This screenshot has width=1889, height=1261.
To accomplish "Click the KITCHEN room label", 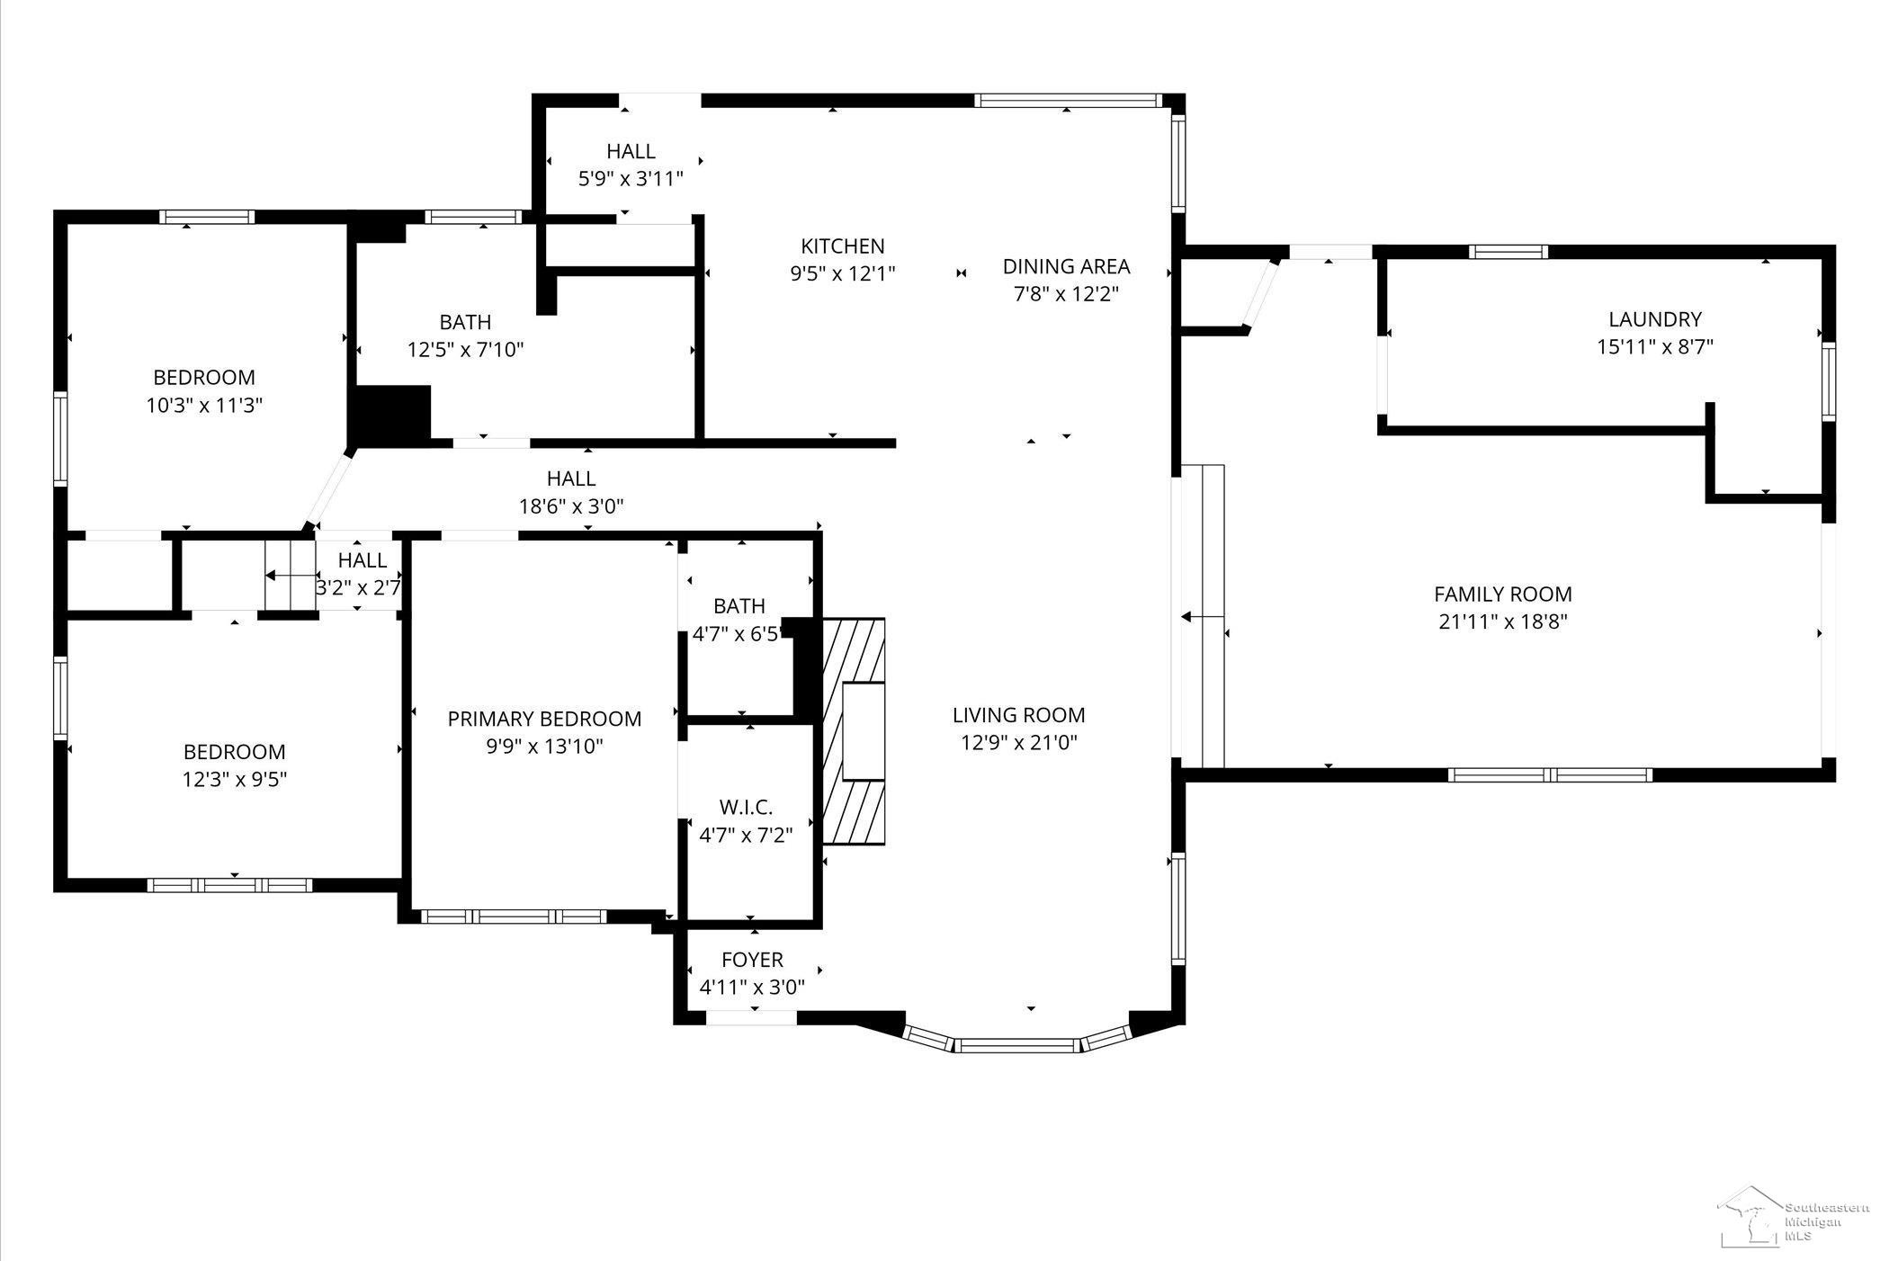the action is point(843,246).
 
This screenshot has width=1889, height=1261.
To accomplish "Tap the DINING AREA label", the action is point(1066,266).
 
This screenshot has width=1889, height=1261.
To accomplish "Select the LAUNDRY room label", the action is point(1655,319).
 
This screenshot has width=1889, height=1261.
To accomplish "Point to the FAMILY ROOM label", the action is point(1503,595).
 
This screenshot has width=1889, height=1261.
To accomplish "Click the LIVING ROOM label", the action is point(1019,715).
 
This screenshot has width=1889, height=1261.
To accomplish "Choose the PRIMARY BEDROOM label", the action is point(544,719).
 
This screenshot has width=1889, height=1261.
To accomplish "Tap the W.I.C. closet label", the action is point(746,807).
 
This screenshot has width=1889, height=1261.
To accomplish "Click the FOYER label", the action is point(752,960).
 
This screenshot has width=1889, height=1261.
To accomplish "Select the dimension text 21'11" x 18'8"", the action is point(1503,622).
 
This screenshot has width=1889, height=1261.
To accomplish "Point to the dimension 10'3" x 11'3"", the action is point(204,405).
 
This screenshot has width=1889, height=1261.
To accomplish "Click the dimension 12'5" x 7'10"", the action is point(465,349).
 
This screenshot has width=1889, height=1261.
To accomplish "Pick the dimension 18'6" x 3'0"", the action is point(571,506).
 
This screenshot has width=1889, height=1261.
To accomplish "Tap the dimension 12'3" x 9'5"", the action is point(235,779).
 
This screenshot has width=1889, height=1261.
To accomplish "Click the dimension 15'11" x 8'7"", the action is point(1655,346).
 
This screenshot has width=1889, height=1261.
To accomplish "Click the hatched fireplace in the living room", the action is point(854,731).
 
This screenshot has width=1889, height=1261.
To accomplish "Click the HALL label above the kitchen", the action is point(631,151).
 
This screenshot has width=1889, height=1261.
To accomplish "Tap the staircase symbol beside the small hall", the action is point(290,575).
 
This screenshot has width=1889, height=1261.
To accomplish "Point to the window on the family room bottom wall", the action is point(1551,774).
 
